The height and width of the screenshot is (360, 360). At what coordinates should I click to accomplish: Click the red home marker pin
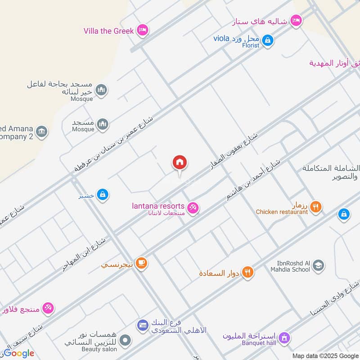180,163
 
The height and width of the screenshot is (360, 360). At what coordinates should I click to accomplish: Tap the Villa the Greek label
108,31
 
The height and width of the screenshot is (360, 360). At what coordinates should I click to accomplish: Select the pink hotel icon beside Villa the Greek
143,30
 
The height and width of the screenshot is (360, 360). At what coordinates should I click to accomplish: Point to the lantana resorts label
158,206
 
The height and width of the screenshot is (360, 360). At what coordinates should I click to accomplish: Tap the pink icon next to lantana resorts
193,207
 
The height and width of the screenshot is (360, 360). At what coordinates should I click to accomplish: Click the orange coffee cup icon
141,263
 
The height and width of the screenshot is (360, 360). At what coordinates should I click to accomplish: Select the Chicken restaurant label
282,212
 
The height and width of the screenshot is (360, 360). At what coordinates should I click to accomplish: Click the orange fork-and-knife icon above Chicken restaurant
316,207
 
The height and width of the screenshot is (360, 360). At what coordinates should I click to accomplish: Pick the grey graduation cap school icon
318,265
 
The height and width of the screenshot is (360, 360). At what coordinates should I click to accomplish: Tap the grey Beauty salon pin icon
126,340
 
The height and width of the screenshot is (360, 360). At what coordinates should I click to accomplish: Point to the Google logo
18,353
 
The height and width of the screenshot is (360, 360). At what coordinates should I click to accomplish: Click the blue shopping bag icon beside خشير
103,194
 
